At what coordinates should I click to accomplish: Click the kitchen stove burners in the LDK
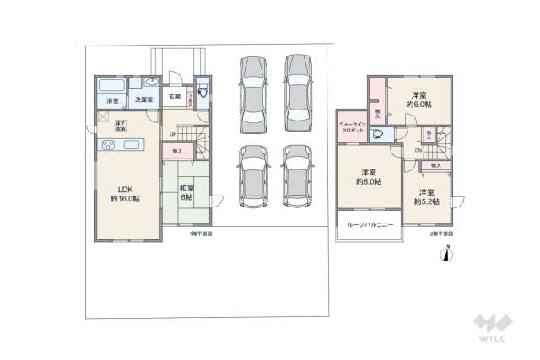coord(109,146)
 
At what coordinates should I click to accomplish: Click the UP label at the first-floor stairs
coord(173,135)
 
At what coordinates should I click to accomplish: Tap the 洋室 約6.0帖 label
coord(419,99)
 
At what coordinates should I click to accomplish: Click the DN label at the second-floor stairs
coord(419,150)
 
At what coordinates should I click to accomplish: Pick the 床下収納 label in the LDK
coord(121,126)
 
